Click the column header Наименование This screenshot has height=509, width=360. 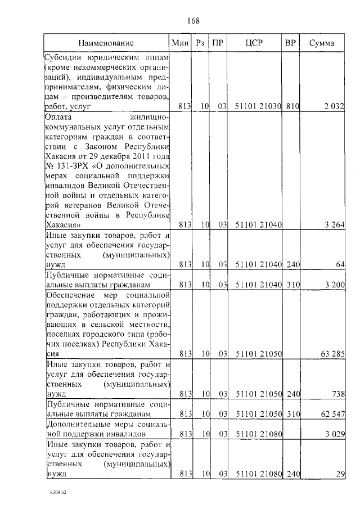tap(106, 43)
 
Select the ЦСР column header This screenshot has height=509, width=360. tap(255, 43)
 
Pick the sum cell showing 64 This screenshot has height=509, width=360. tap(339, 264)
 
